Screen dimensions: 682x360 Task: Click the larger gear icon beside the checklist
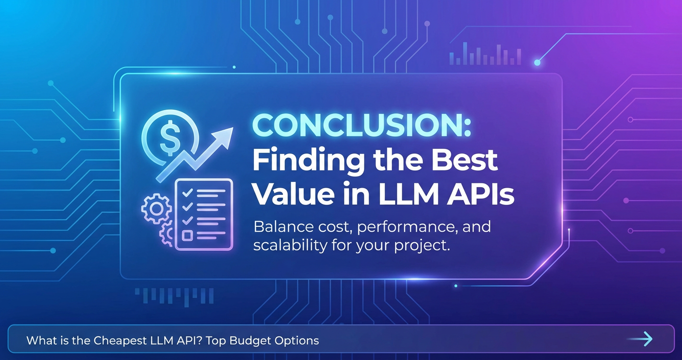(157, 209)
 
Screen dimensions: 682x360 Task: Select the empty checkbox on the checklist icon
(187, 236)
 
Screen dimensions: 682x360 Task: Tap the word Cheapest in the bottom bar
(120, 340)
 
